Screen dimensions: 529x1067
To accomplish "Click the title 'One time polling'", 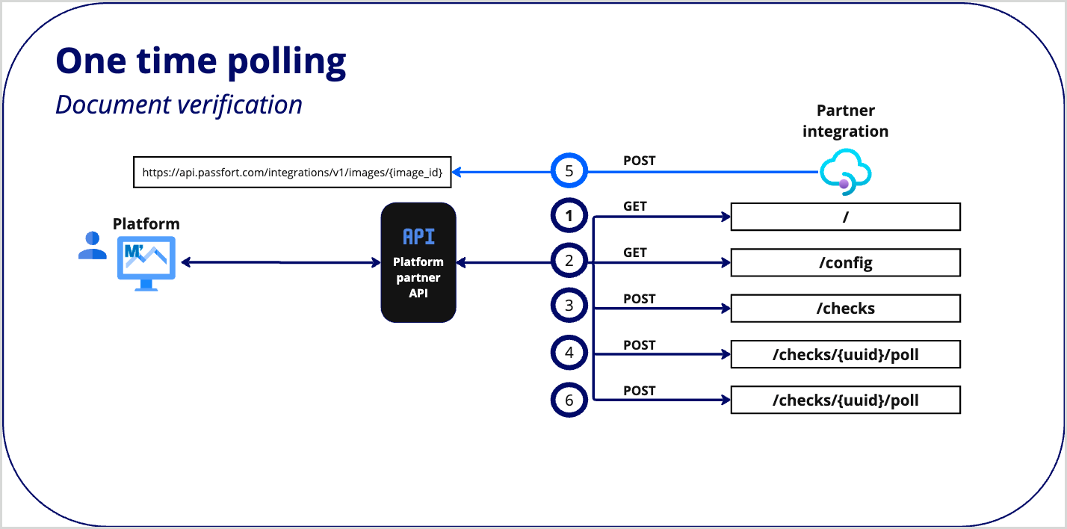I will click(201, 61).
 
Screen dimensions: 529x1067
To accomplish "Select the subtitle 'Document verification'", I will click(179, 105).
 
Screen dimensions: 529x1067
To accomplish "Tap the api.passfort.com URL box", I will click(292, 172).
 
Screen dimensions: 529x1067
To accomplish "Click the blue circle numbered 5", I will click(569, 172).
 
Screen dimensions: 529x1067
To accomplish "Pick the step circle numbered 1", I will click(569, 217).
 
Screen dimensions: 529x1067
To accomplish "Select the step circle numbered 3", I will click(569, 306).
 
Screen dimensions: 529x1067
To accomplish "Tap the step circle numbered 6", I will click(569, 400).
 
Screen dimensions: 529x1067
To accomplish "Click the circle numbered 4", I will click(569, 353).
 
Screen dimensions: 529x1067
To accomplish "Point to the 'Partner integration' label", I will click(845, 121).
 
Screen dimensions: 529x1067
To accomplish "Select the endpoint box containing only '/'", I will click(845, 217).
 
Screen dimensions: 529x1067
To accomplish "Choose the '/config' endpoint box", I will click(845, 263).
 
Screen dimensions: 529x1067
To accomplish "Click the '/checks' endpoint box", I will click(845, 309).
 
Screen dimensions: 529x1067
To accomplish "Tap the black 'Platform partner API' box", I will click(418, 262).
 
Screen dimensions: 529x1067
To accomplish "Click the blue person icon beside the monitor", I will click(92, 245).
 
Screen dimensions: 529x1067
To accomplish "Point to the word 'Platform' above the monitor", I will click(146, 224).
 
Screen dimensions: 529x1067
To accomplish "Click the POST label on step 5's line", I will click(639, 161).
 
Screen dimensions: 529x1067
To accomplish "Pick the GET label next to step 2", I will click(634, 253).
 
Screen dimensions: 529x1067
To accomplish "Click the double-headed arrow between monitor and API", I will click(281, 262).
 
